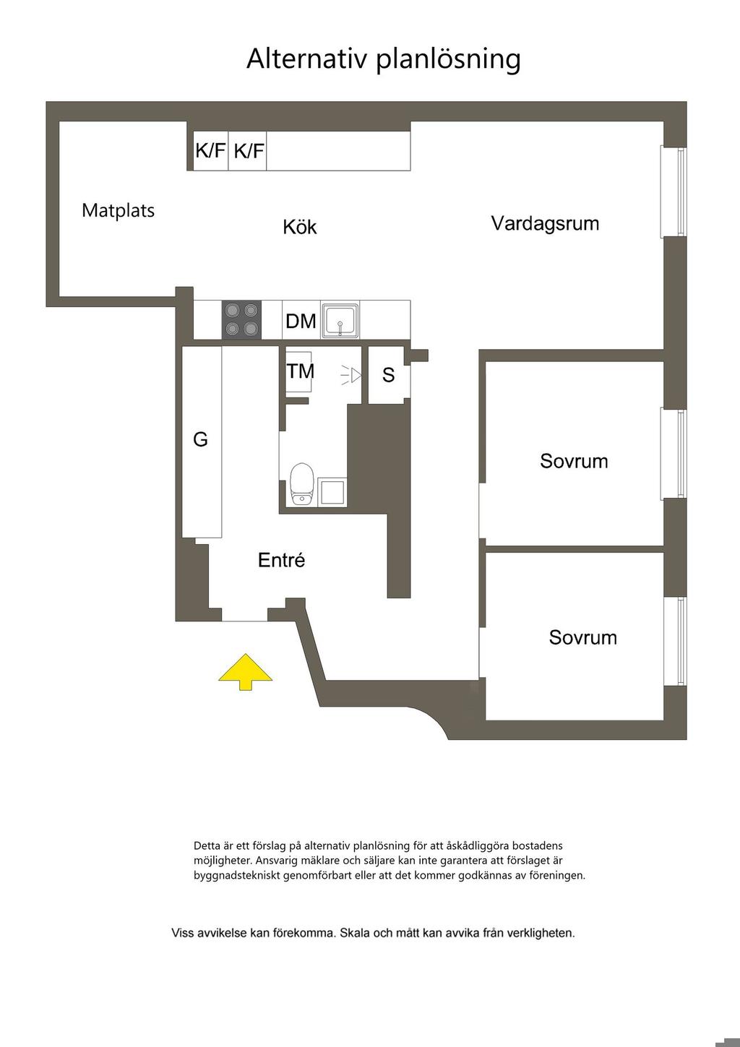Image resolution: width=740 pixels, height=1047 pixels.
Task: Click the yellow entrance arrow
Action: pyautogui.click(x=246, y=672)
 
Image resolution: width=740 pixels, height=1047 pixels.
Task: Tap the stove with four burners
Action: pyautogui.click(x=241, y=319)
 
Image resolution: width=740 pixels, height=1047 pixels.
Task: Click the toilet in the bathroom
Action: pyautogui.click(x=301, y=483)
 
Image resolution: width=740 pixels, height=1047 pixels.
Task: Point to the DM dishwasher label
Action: pyautogui.click(x=301, y=321)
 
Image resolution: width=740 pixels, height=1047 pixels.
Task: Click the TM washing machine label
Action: pyautogui.click(x=301, y=371)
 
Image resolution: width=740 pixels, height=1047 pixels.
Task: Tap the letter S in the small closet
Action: pyautogui.click(x=389, y=375)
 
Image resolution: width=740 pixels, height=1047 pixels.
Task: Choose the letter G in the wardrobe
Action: pyautogui.click(x=200, y=439)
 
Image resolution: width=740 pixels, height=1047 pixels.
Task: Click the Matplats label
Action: pyautogui.click(x=119, y=211)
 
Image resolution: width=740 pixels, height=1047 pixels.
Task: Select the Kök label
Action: pyautogui.click(x=300, y=227)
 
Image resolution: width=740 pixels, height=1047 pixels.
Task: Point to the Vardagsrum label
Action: pyautogui.click(x=545, y=223)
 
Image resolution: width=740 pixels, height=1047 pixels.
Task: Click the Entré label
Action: pyautogui.click(x=282, y=560)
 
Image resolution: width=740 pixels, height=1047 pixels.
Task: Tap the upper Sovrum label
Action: pyautogui.click(x=574, y=461)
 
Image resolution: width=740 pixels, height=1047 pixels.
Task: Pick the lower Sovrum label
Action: pyautogui.click(x=582, y=637)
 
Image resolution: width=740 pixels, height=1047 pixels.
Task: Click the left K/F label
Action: pyautogui.click(x=211, y=151)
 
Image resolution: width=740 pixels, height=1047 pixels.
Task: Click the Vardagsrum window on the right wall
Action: pyautogui.click(x=674, y=191)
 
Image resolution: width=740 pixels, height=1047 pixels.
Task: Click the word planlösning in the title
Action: pyautogui.click(x=448, y=59)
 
